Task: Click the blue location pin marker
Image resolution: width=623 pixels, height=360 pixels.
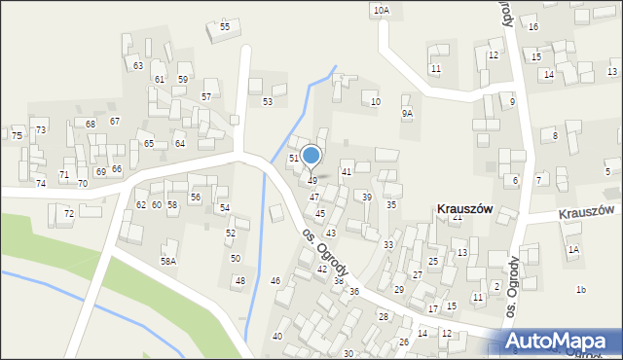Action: point(311,157)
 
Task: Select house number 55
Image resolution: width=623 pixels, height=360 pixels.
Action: point(225,26)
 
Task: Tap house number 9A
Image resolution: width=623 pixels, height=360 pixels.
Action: point(407,113)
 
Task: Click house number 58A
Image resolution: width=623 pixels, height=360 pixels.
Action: point(169,261)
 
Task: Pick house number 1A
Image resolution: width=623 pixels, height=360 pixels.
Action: point(574,250)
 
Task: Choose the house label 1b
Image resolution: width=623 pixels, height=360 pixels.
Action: point(581,289)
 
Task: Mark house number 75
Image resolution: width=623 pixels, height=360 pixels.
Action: point(17,135)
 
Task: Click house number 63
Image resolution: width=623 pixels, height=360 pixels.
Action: point(138,65)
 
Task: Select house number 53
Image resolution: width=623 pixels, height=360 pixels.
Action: point(267,101)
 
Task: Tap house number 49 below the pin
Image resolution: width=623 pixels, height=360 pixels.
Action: point(311,180)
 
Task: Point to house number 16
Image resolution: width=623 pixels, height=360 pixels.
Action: point(532,26)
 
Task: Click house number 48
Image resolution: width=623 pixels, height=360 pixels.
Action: point(239,280)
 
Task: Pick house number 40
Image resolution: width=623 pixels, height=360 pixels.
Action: point(277,336)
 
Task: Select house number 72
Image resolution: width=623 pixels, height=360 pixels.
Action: point(68,213)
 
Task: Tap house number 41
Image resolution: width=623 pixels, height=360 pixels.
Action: point(346,171)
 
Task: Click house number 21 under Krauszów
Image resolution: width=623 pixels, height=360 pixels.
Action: point(457,217)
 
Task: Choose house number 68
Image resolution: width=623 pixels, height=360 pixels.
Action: point(91,124)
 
